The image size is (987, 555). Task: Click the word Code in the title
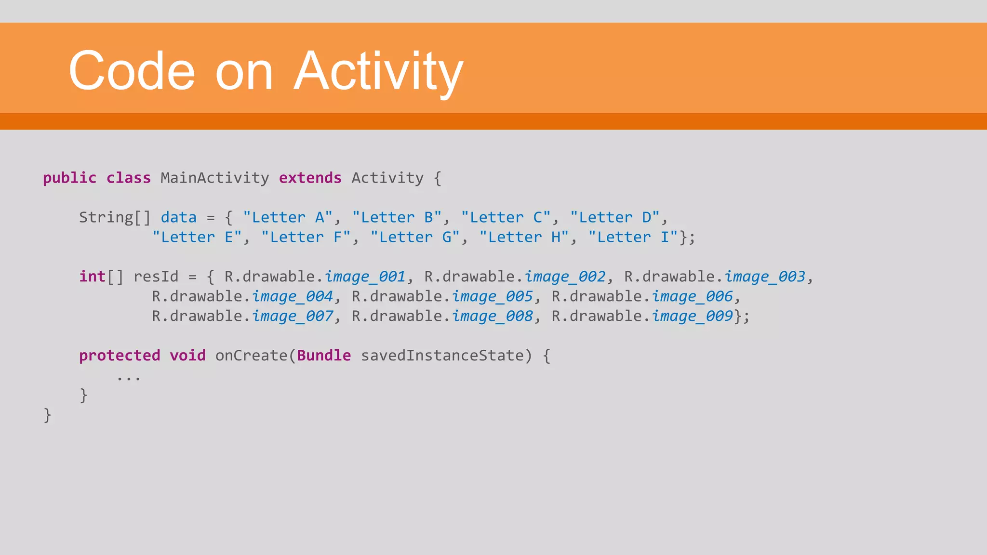[x=132, y=71]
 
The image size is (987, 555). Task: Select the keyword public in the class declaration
[x=69, y=178]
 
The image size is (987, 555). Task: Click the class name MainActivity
[x=214, y=178]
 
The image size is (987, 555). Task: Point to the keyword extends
[x=310, y=178]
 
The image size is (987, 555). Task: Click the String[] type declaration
[x=115, y=217]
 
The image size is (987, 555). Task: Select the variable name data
[x=178, y=217]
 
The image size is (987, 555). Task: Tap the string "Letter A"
[x=288, y=217]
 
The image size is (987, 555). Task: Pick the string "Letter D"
[x=614, y=217]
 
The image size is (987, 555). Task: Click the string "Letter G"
[x=415, y=237]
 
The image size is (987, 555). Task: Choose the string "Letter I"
[x=633, y=237]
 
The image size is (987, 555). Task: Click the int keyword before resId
[x=92, y=277]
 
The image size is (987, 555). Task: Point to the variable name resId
[x=156, y=277]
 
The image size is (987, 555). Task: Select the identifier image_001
[x=365, y=277]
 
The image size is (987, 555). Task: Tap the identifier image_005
[x=492, y=296]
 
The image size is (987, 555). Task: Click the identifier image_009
[x=692, y=316]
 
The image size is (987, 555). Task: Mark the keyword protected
[x=119, y=356]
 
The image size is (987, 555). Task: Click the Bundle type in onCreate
[x=324, y=356]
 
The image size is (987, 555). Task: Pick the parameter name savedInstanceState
[x=442, y=356]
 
